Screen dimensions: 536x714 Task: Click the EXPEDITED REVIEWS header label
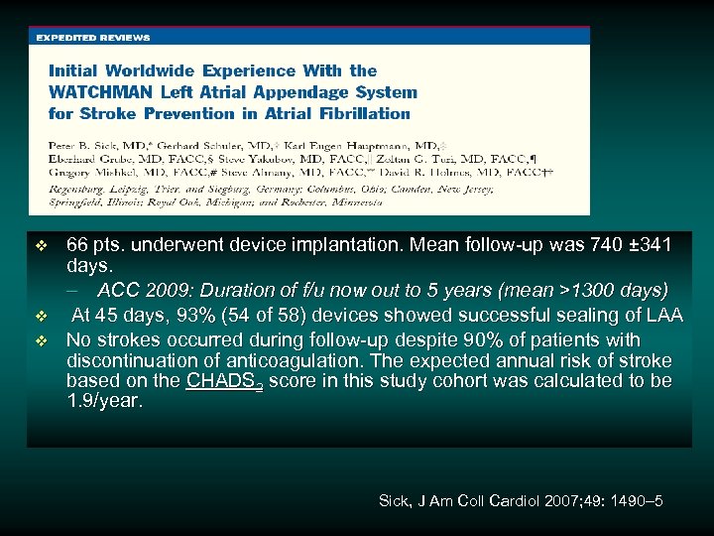click(93, 38)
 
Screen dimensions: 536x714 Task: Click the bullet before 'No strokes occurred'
click(41, 339)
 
